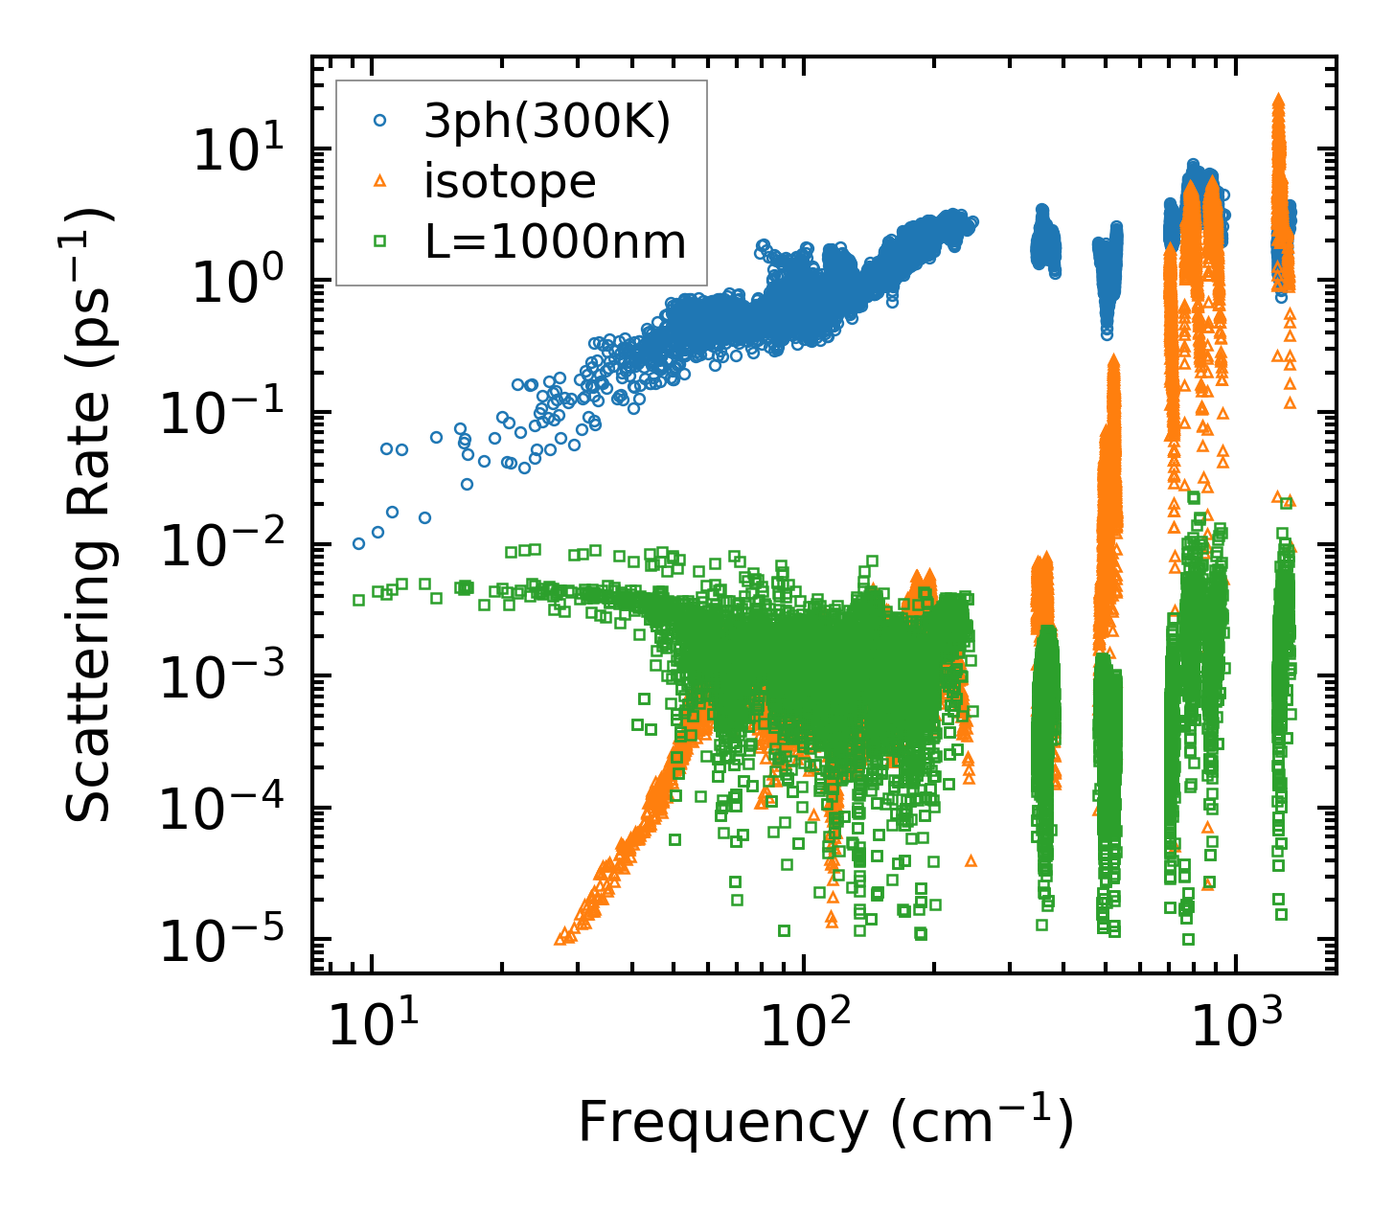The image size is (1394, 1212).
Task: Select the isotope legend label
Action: [510, 181]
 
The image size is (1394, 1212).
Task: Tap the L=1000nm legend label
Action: [556, 241]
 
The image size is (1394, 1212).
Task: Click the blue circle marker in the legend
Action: [379, 122]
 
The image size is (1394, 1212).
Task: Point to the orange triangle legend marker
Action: [379, 181]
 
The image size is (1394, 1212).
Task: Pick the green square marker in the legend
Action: [379, 241]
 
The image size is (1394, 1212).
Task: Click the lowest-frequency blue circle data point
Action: [359, 543]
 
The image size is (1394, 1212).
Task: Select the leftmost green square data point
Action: [359, 600]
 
